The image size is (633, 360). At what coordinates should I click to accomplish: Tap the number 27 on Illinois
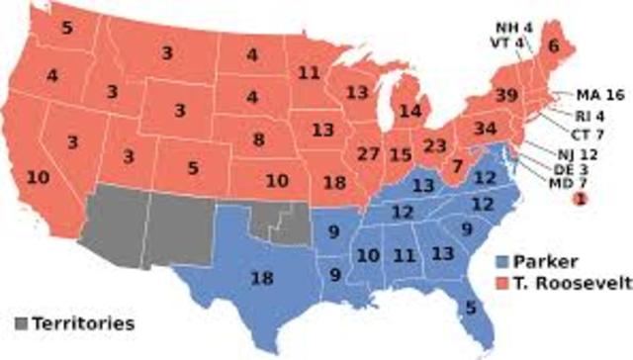(370, 154)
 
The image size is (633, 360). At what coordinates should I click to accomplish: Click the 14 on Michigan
(409, 110)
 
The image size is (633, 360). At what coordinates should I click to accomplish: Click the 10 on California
(38, 178)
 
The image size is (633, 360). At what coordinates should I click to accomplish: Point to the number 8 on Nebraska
(258, 139)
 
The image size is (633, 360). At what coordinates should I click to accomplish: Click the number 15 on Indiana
(401, 154)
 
